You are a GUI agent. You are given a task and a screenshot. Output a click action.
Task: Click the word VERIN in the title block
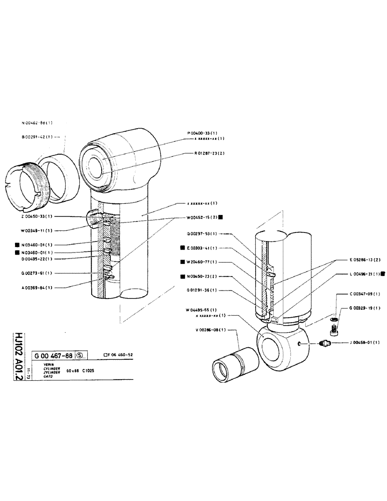coord(49,364)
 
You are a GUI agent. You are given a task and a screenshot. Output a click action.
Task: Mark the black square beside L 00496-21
coord(382,274)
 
